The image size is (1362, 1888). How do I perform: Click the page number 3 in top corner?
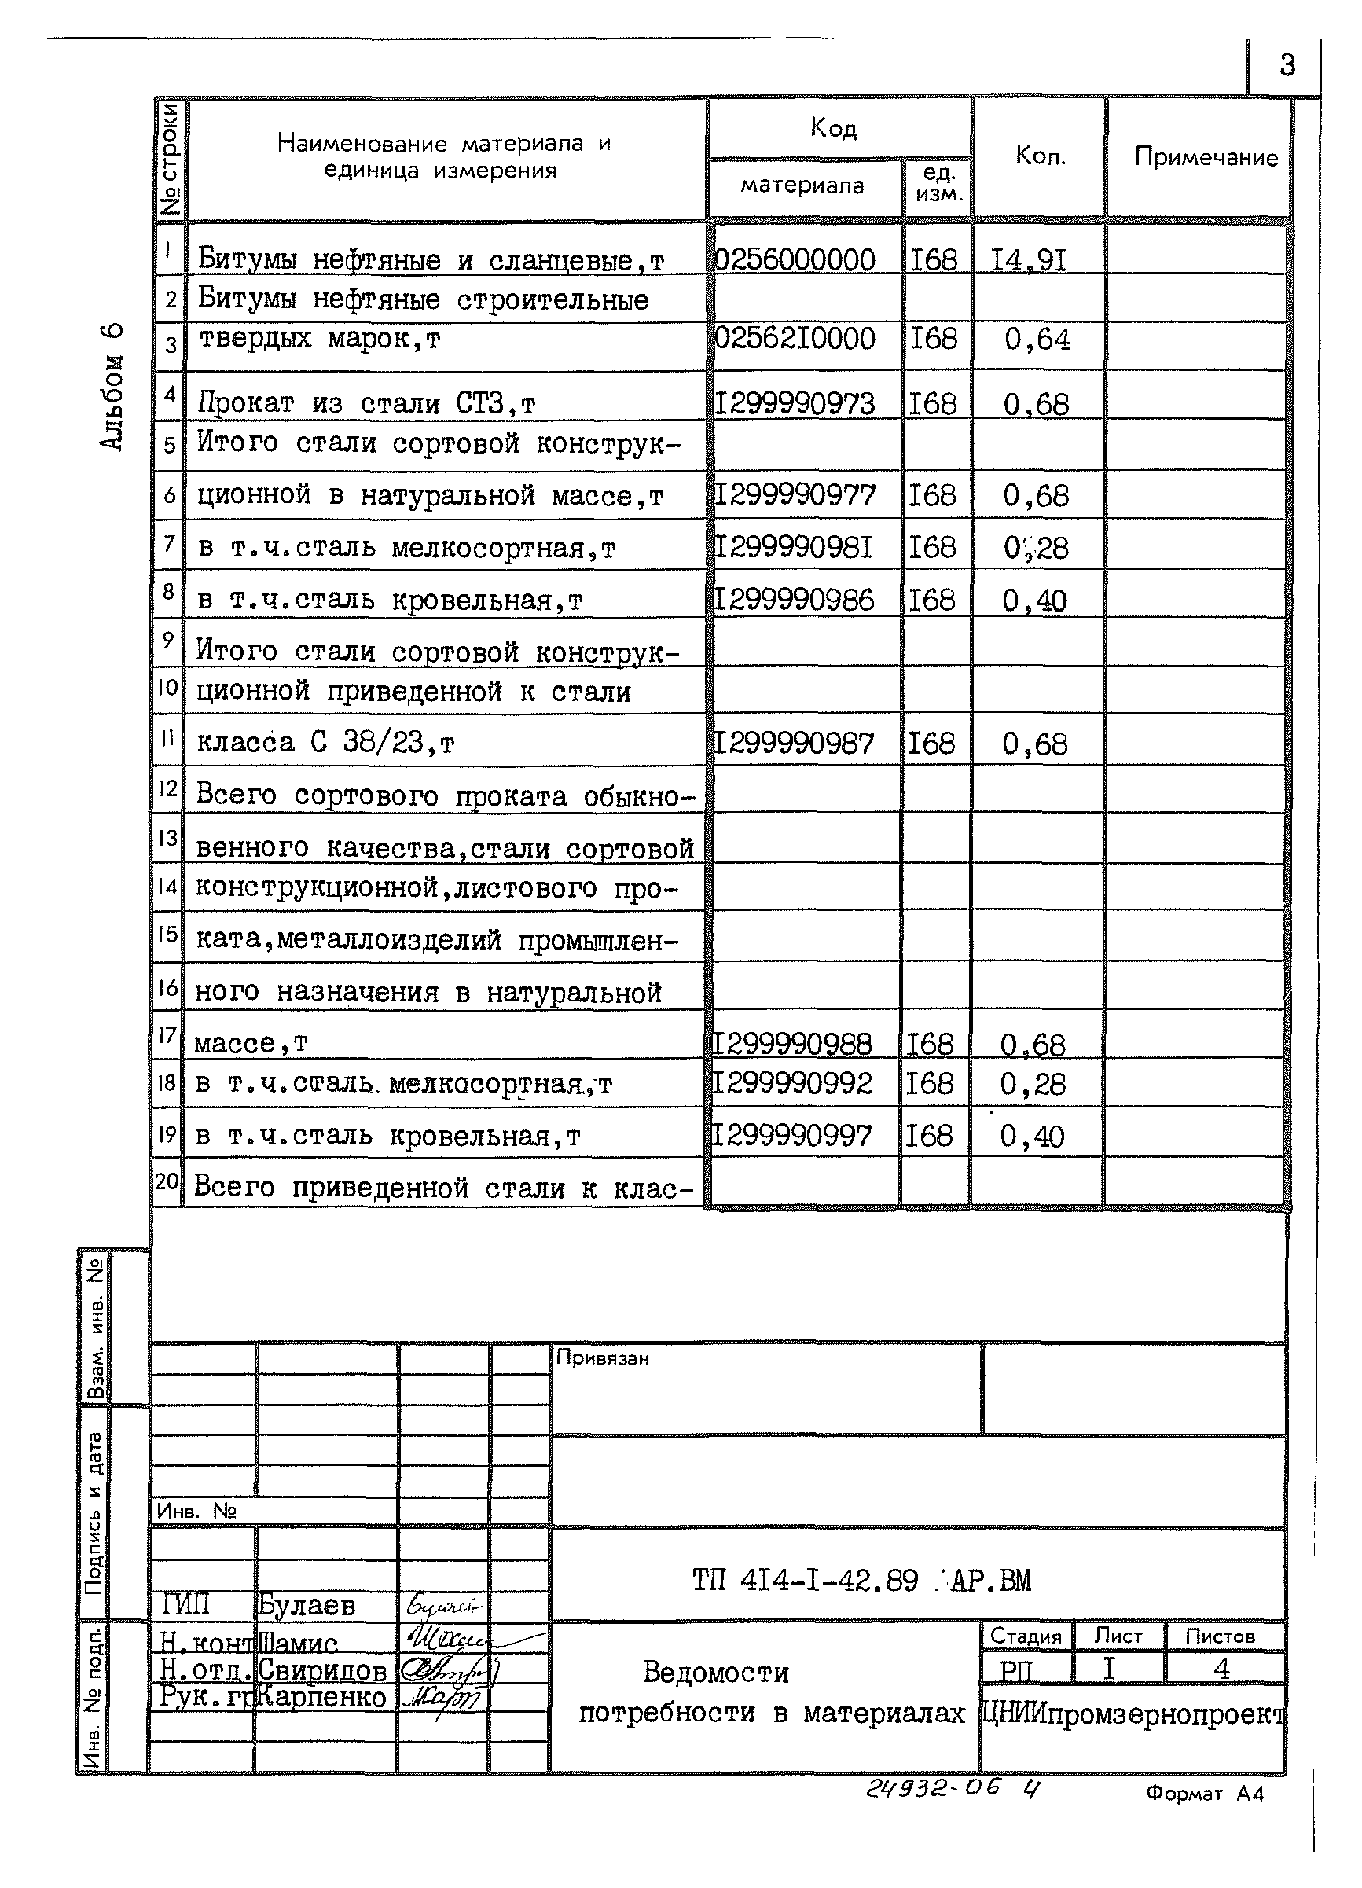[x=1287, y=65]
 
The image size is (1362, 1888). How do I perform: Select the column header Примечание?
[x=1206, y=157]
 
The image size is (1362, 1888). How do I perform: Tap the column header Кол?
[x=1040, y=156]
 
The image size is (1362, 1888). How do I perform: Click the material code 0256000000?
[x=795, y=259]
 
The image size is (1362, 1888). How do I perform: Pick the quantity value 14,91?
[x=1029, y=260]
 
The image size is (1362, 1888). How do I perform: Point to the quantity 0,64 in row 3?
[x=1037, y=340]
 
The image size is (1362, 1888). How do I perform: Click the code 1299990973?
[x=795, y=405]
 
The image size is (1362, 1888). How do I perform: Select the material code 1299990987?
[x=795, y=744]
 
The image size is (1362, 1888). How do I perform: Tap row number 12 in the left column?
[x=168, y=788]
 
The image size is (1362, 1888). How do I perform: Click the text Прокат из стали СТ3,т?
[x=366, y=404]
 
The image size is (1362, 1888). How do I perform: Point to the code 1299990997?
[x=791, y=1136]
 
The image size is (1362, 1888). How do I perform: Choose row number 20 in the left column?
[x=167, y=1181]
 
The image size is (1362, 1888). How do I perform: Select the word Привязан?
[x=602, y=1358]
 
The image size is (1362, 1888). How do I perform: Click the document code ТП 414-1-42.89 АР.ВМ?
[x=861, y=1580]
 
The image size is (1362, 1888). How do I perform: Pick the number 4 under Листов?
[x=1221, y=1668]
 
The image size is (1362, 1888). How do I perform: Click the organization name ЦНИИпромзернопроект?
[x=1134, y=1714]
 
